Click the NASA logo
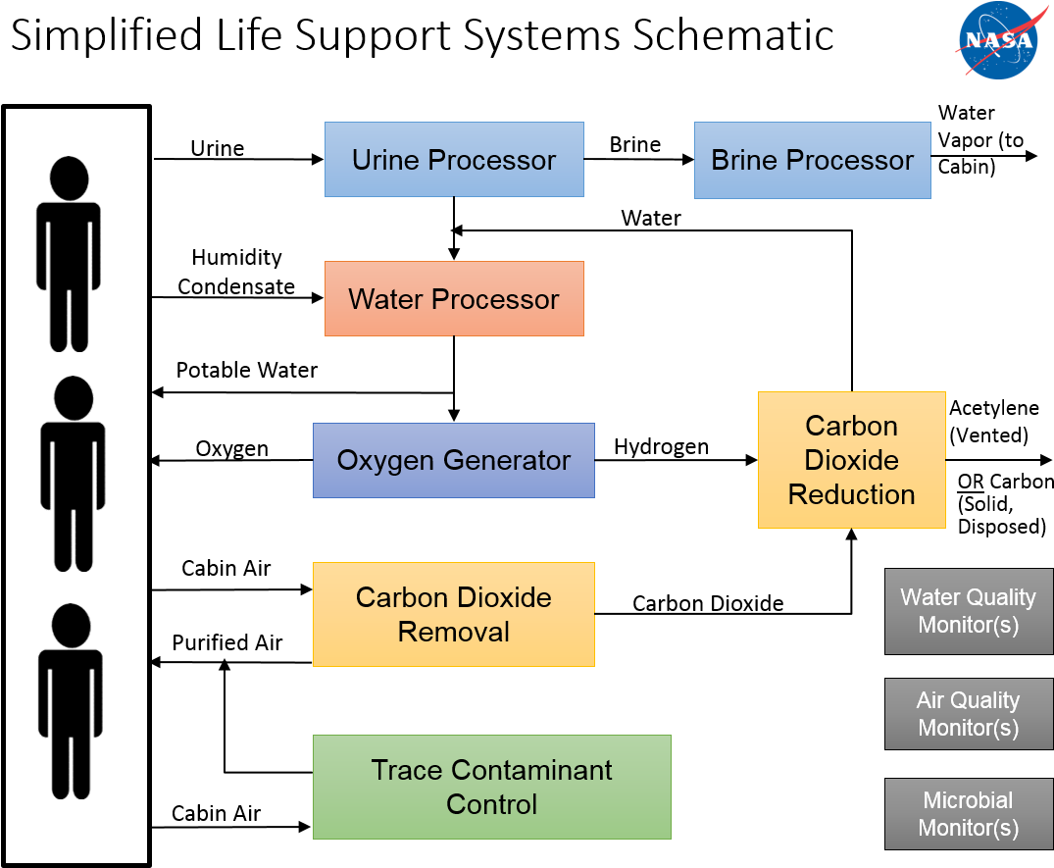tap(997, 39)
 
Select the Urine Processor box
tap(454, 160)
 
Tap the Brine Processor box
tap(812, 161)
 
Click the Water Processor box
tap(454, 299)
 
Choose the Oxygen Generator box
tap(454, 460)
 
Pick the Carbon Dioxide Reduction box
tap(851, 460)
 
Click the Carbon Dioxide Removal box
tap(454, 614)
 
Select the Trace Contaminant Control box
tap(491, 787)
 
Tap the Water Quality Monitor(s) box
tap(968, 611)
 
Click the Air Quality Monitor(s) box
tap(968, 714)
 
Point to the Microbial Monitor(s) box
tap(968, 814)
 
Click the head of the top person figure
tap(69, 179)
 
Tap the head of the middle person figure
tap(74, 398)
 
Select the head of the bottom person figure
tap(70, 625)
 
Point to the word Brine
tap(746, 161)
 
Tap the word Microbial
tap(968, 800)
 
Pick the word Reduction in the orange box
tap(851, 494)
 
